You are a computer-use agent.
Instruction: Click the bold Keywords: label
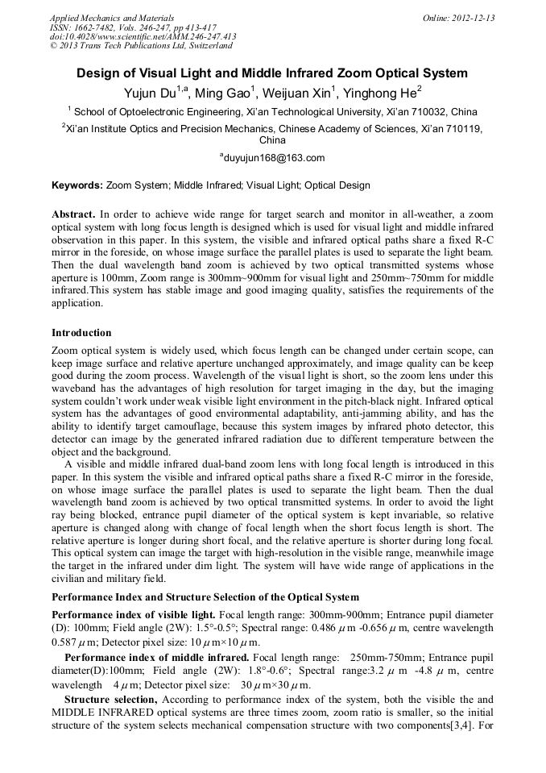[77, 185]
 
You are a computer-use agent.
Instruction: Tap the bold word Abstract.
[73, 214]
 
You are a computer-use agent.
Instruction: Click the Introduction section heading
[81, 333]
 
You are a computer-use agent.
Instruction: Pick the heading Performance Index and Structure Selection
[205, 597]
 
